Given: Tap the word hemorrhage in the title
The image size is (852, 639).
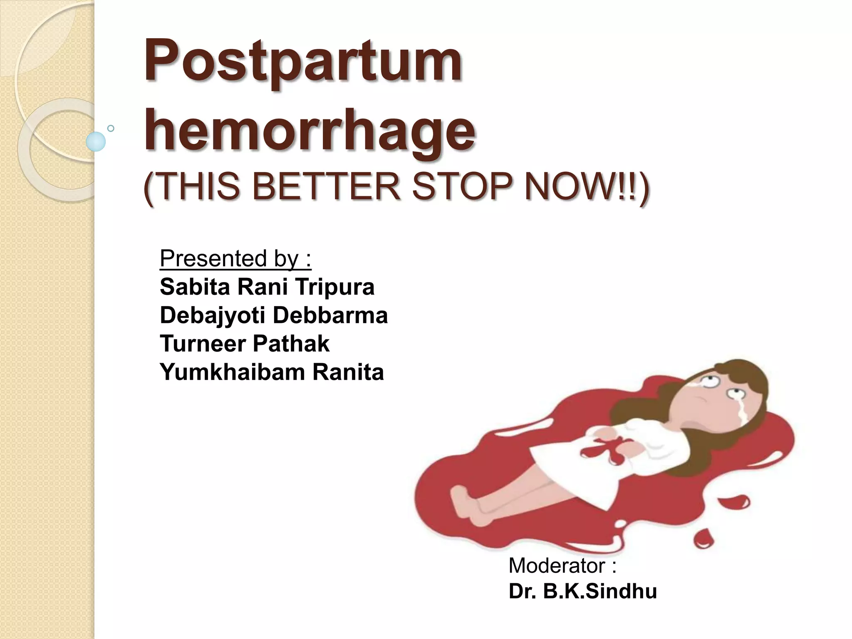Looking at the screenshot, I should click(x=310, y=130).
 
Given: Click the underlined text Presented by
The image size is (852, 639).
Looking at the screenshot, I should click(x=235, y=259).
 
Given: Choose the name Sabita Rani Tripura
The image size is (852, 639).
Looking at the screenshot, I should click(x=267, y=287).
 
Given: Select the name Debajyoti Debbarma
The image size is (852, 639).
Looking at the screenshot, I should click(x=273, y=315).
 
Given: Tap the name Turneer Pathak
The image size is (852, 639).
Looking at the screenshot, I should click(x=244, y=344).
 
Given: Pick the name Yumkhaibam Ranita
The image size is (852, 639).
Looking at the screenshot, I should click(x=271, y=372).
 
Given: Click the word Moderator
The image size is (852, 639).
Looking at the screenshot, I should click(x=562, y=566).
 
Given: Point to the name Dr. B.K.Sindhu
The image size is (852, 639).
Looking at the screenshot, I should click(x=582, y=592).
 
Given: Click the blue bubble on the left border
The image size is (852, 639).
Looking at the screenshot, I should click(x=96, y=141).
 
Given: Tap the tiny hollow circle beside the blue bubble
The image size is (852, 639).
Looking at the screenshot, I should click(x=111, y=128).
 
